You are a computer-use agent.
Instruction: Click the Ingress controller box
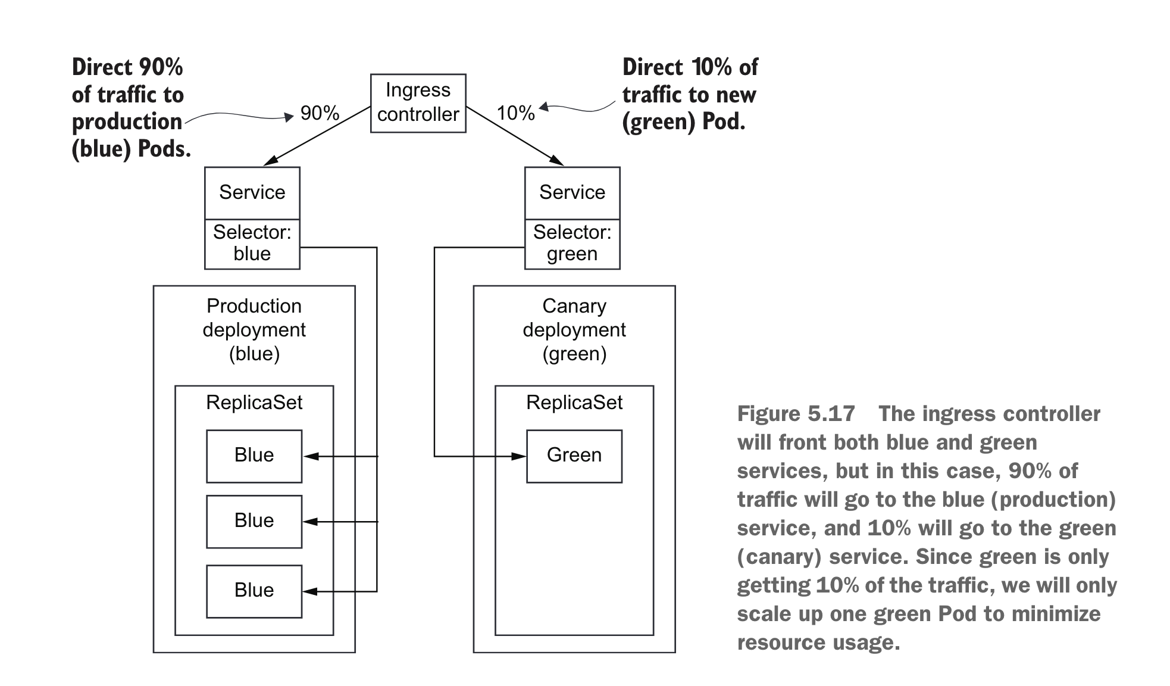click(418, 102)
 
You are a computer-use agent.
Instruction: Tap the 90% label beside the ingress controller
click(320, 113)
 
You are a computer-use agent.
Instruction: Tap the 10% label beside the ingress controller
click(515, 113)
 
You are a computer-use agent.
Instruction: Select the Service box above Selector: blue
click(252, 192)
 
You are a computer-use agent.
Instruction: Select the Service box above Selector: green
click(572, 192)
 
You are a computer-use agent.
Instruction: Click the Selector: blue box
click(252, 244)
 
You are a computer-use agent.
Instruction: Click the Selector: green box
click(572, 244)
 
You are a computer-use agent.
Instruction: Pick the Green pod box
click(574, 456)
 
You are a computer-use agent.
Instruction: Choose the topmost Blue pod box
click(254, 456)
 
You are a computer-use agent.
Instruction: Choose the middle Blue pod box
click(254, 521)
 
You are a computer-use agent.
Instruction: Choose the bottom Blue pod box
click(254, 591)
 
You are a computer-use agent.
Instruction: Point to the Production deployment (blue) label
click(254, 330)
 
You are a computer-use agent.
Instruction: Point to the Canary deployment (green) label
click(574, 330)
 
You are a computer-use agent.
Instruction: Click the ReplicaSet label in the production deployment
click(254, 403)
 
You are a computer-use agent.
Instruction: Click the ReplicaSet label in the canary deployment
click(574, 403)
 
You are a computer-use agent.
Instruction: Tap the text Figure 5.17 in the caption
click(796, 414)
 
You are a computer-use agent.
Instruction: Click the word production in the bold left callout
click(127, 121)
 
